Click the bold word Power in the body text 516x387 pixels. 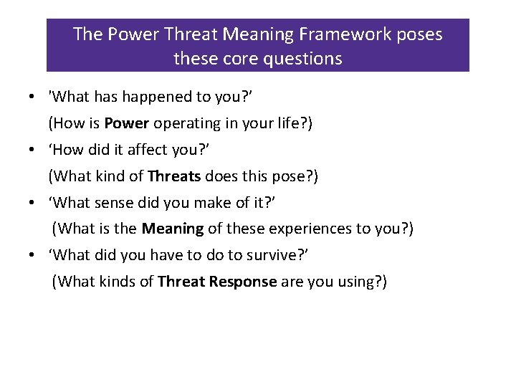[x=126, y=123]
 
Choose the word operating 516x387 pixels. [x=186, y=123]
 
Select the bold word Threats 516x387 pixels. [x=174, y=176]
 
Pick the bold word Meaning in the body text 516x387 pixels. [x=173, y=229]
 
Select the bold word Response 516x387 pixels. [x=243, y=282]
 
